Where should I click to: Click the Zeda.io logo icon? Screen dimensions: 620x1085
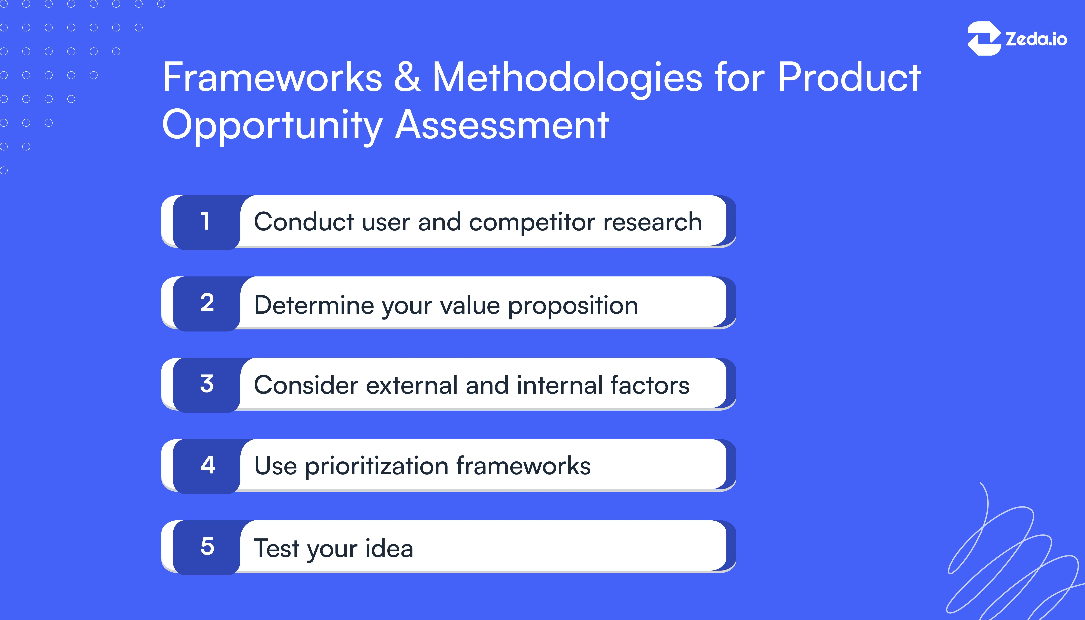tap(984, 38)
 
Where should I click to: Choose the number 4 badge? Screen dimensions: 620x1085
tap(207, 465)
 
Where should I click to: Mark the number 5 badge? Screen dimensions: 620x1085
tap(207, 546)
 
